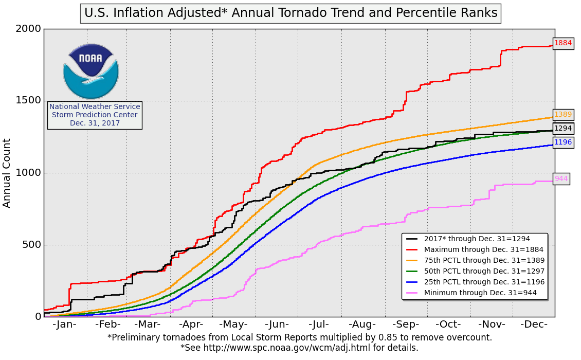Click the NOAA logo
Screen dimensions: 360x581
point(91,71)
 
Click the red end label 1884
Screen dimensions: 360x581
point(563,43)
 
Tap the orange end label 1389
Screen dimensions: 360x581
point(563,115)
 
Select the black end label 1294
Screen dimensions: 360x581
point(563,129)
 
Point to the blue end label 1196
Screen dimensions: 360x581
point(563,142)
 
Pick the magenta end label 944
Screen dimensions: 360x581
point(561,179)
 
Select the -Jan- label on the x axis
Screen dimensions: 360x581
point(65,325)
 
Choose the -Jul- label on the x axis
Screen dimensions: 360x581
point(319,325)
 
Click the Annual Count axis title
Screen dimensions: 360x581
point(7,173)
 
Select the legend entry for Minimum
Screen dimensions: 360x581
point(480,293)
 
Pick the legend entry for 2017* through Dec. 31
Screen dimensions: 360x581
point(477,239)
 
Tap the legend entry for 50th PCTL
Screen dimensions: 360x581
point(484,271)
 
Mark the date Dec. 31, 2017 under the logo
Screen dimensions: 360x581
point(95,123)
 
